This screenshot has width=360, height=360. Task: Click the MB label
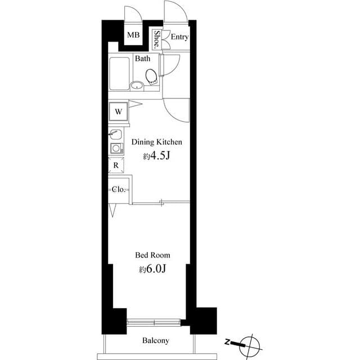(133, 36)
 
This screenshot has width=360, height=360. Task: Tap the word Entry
(179, 38)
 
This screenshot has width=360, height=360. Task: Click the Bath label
(141, 58)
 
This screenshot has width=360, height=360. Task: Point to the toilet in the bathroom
(151, 75)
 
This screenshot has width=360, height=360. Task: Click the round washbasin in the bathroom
(137, 85)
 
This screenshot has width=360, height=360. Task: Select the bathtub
(119, 74)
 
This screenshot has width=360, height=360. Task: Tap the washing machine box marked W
(119, 111)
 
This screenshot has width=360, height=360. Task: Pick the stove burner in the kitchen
(115, 148)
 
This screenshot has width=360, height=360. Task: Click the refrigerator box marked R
(115, 165)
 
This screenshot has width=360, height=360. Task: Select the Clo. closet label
(118, 190)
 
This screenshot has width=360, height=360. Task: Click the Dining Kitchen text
(156, 142)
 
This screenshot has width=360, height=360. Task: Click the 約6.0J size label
(153, 269)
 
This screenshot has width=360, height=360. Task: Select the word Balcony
(156, 340)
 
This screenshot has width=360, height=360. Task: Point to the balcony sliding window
(155, 322)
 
